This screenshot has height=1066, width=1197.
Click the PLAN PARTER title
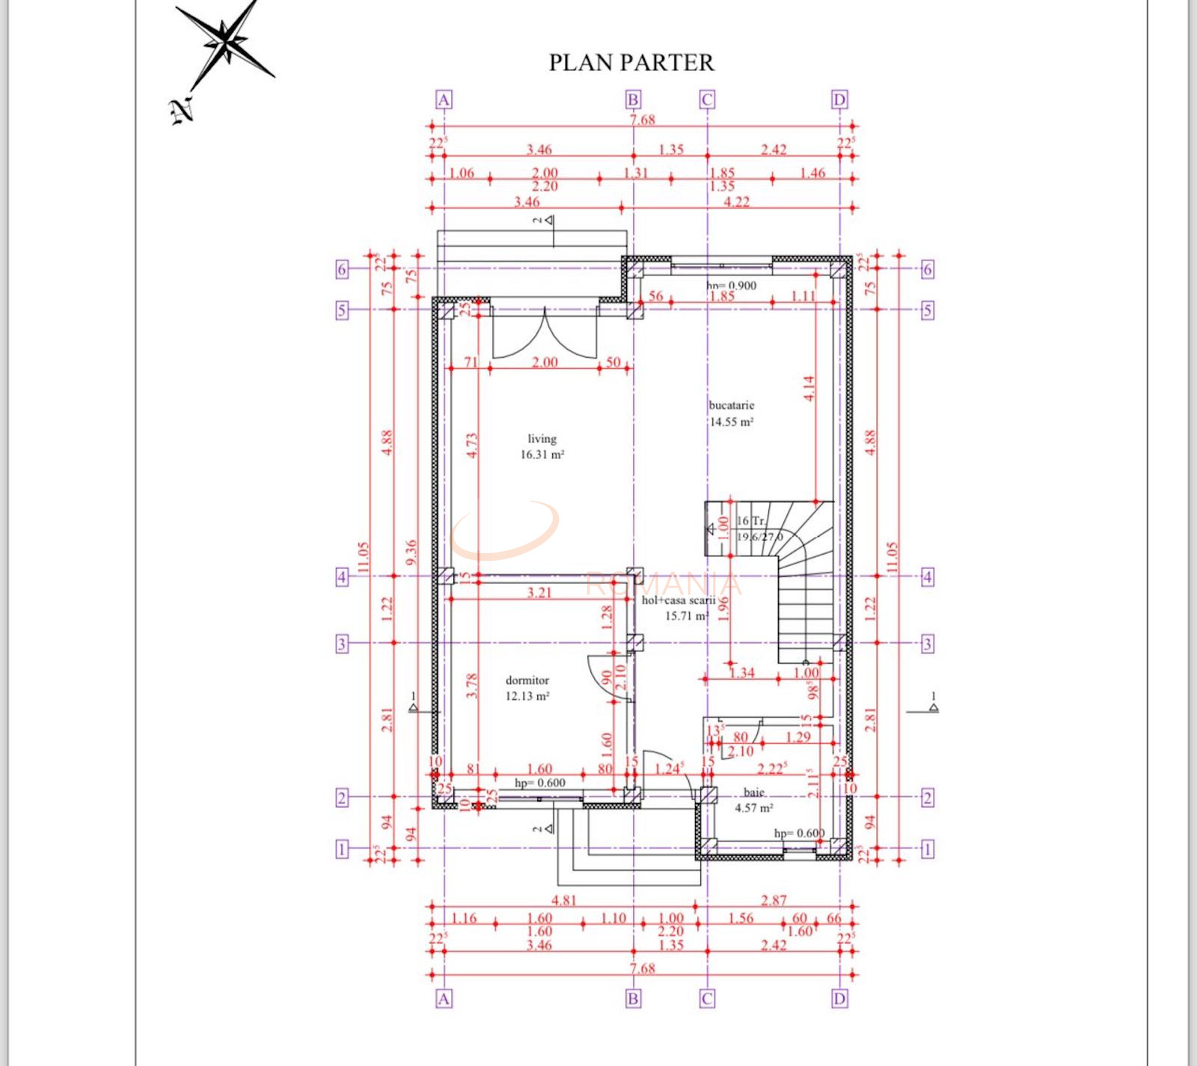pos(631,63)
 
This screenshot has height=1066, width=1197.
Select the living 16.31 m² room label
pos(542,447)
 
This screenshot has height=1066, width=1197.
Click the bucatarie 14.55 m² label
pos(731,413)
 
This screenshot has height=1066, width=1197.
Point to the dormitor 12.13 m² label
pos(527,688)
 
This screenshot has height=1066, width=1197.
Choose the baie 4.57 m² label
pos(753,800)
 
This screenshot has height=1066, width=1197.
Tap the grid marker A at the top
pos(444,100)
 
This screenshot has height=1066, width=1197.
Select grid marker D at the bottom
pos(839,999)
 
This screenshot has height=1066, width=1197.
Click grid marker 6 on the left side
pos(342,269)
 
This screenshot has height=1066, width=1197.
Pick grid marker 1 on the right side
pos(928,849)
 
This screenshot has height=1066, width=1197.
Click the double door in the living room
pos(545,330)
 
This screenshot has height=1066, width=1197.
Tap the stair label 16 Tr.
pos(751,520)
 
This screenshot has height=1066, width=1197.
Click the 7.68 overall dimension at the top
pos(642,120)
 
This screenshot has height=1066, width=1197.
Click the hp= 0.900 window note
pos(731,285)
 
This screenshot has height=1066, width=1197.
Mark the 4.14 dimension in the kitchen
pos(809,389)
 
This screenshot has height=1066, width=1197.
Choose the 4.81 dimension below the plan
pos(563,900)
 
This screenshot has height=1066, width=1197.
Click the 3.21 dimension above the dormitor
pos(539,593)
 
